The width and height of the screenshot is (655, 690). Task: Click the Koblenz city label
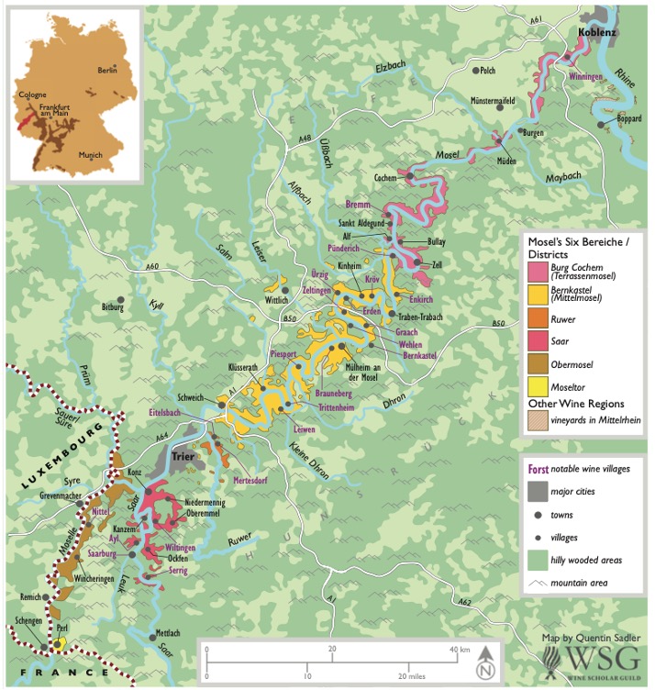[596, 33]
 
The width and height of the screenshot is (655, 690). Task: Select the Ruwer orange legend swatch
[537, 321]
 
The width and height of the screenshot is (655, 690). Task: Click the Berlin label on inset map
[108, 70]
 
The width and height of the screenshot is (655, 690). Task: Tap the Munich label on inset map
[90, 156]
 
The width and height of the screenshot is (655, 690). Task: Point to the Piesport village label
[283, 352]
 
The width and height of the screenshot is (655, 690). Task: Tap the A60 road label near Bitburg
[154, 267]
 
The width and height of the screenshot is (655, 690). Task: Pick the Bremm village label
[359, 204]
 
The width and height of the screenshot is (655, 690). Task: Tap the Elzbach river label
[391, 68]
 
